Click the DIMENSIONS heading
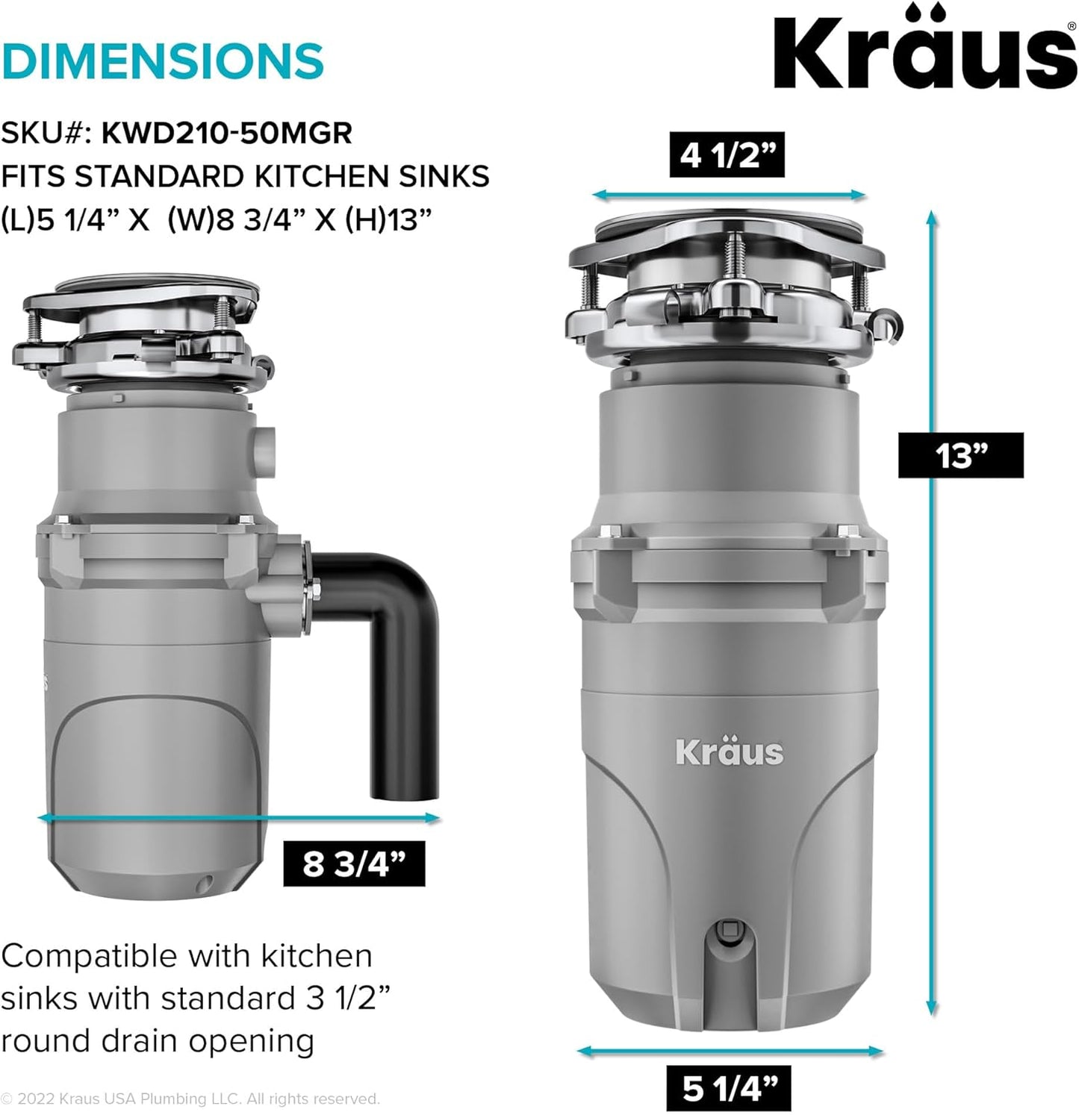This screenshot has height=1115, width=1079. tap(162, 61)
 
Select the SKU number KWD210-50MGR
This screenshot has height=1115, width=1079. tap(226, 133)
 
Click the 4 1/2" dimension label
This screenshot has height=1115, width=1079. tap(727, 155)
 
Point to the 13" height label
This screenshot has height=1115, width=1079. tap(960, 455)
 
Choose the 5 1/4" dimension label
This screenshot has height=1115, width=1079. tap(728, 1089)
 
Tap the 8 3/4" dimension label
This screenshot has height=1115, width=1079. tap(354, 864)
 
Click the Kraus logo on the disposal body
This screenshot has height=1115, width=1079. tap(729, 752)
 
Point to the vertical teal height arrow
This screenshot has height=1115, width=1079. tap(931, 612)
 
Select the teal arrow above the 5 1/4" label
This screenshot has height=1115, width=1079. tap(730, 1052)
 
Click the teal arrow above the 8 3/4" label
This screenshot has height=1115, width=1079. tap(239, 818)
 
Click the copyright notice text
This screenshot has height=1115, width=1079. tap(190, 1099)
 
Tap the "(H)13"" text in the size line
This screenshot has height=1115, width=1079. tap(388, 220)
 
